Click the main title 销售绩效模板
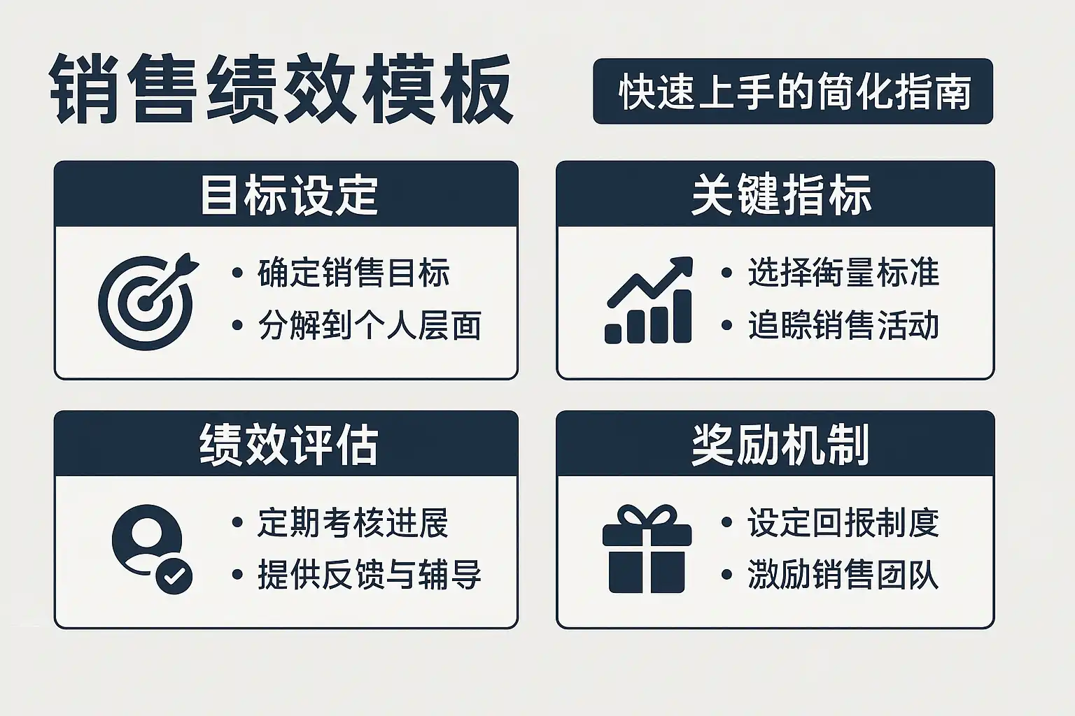tap(281, 89)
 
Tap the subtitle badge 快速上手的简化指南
tap(793, 91)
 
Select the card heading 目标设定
tap(289, 195)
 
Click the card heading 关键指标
tap(781, 195)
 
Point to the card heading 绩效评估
tap(289, 445)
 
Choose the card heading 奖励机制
tap(781, 445)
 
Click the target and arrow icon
tap(148, 301)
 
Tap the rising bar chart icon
tap(648, 300)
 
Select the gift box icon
tap(647, 549)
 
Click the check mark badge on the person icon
tap(174, 576)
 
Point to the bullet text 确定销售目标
tap(353, 273)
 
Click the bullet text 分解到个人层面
tap(370, 325)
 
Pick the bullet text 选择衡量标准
tap(843, 273)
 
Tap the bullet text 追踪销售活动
tap(843, 325)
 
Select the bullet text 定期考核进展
tap(353, 522)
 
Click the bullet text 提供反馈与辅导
tap(370, 575)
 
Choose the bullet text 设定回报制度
tap(843, 522)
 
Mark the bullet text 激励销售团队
tap(843, 575)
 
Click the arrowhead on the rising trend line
tap(682, 266)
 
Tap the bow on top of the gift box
tap(647, 515)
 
